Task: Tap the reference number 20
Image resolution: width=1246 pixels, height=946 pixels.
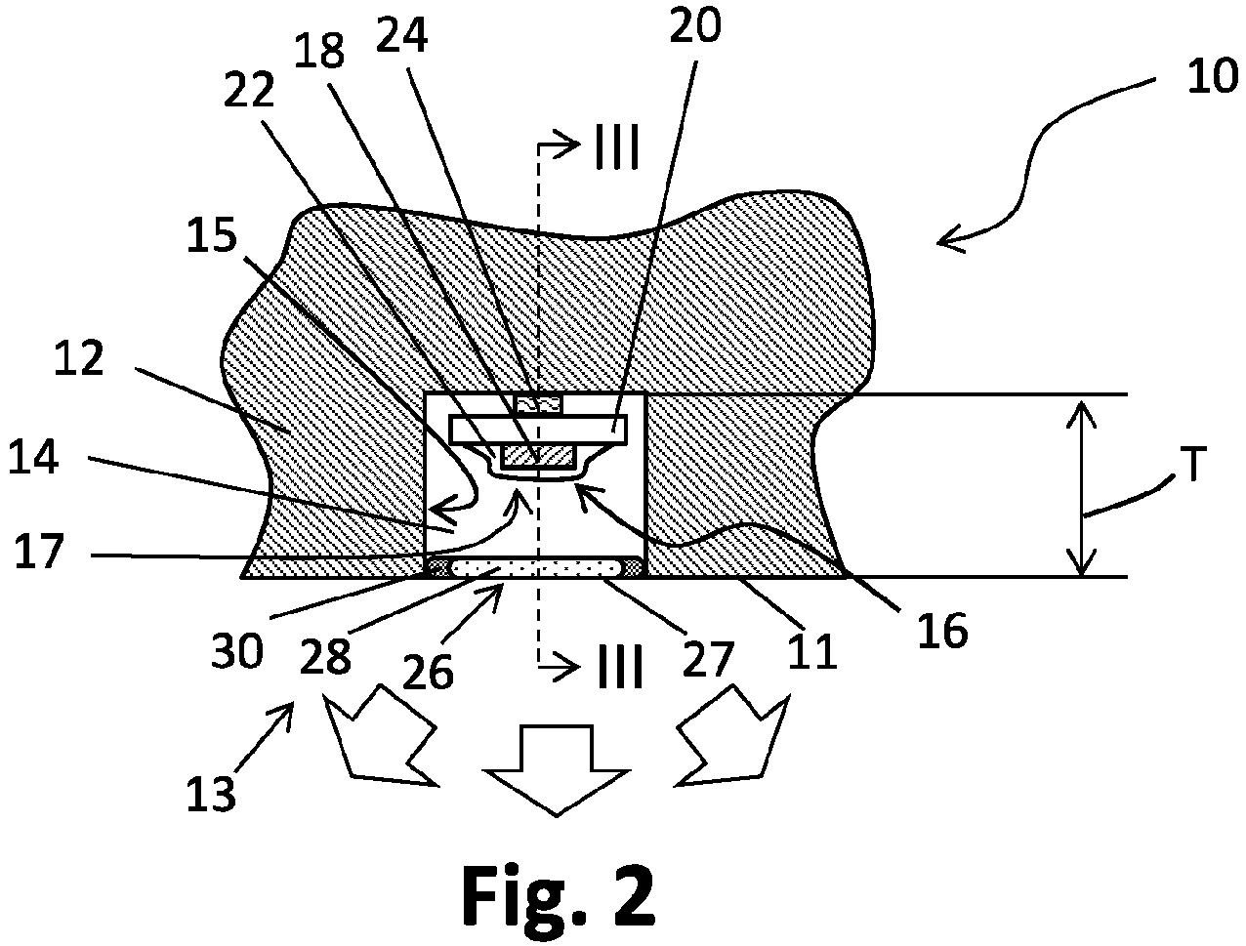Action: tap(695, 25)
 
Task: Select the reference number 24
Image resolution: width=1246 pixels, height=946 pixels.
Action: tap(401, 36)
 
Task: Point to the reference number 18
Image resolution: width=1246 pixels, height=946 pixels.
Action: tap(319, 51)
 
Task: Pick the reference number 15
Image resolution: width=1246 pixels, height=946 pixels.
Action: tap(212, 235)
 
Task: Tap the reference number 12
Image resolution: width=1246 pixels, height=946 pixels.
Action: tap(79, 358)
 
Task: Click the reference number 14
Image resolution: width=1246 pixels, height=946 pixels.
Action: tap(33, 458)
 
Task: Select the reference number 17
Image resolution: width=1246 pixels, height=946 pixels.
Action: tap(38, 551)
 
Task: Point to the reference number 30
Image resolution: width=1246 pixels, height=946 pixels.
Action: tap(237, 651)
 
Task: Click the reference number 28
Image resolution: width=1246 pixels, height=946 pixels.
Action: tap(325, 657)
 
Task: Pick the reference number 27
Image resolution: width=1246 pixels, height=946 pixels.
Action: tap(708, 659)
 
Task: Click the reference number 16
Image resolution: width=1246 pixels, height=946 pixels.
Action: tap(942, 631)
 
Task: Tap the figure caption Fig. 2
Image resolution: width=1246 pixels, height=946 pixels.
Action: tap(560, 896)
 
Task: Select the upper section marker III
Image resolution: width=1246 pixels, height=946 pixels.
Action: tap(617, 146)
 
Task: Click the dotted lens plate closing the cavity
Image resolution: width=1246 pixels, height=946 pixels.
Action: tap(536, 567)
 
